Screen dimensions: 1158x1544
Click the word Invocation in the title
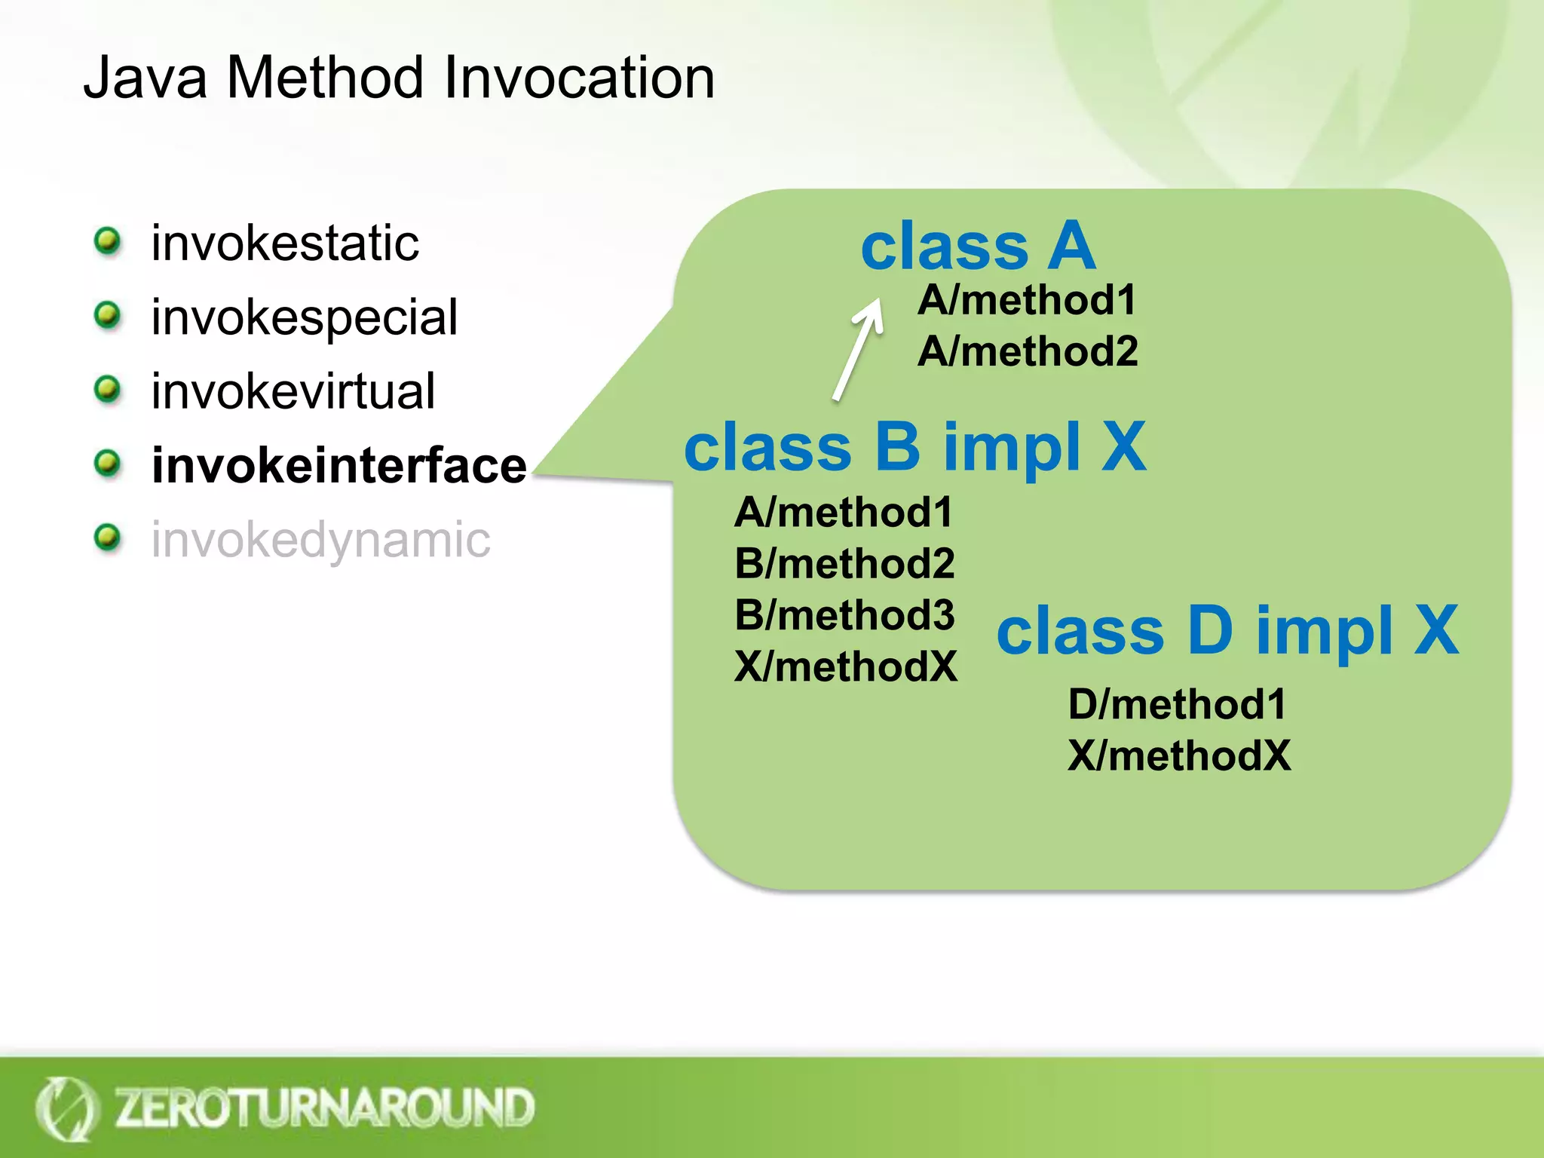pos(579,78)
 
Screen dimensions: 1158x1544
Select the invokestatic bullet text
pos(285,244)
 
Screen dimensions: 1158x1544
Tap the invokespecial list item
pos(304,317)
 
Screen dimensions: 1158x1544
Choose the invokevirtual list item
pos(293,391)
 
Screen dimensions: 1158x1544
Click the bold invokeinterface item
pos(339,465)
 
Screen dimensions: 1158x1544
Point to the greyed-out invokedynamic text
pos(320,540)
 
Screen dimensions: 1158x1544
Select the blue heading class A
pos(978,247)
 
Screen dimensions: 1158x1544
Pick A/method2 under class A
pos(1028,351)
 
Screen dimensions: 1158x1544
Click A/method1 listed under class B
pos(844,513)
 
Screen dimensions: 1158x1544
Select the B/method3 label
pos(844,615)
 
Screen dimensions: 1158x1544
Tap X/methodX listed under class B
pos(846,666)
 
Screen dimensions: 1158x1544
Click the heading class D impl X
pos(1227,631)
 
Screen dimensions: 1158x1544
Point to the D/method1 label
pos(1177,704)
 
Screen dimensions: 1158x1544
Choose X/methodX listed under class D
pos(1179,755)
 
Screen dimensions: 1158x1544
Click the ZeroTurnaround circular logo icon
pos(66,1108)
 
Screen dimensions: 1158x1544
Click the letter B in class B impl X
pos(897,446)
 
